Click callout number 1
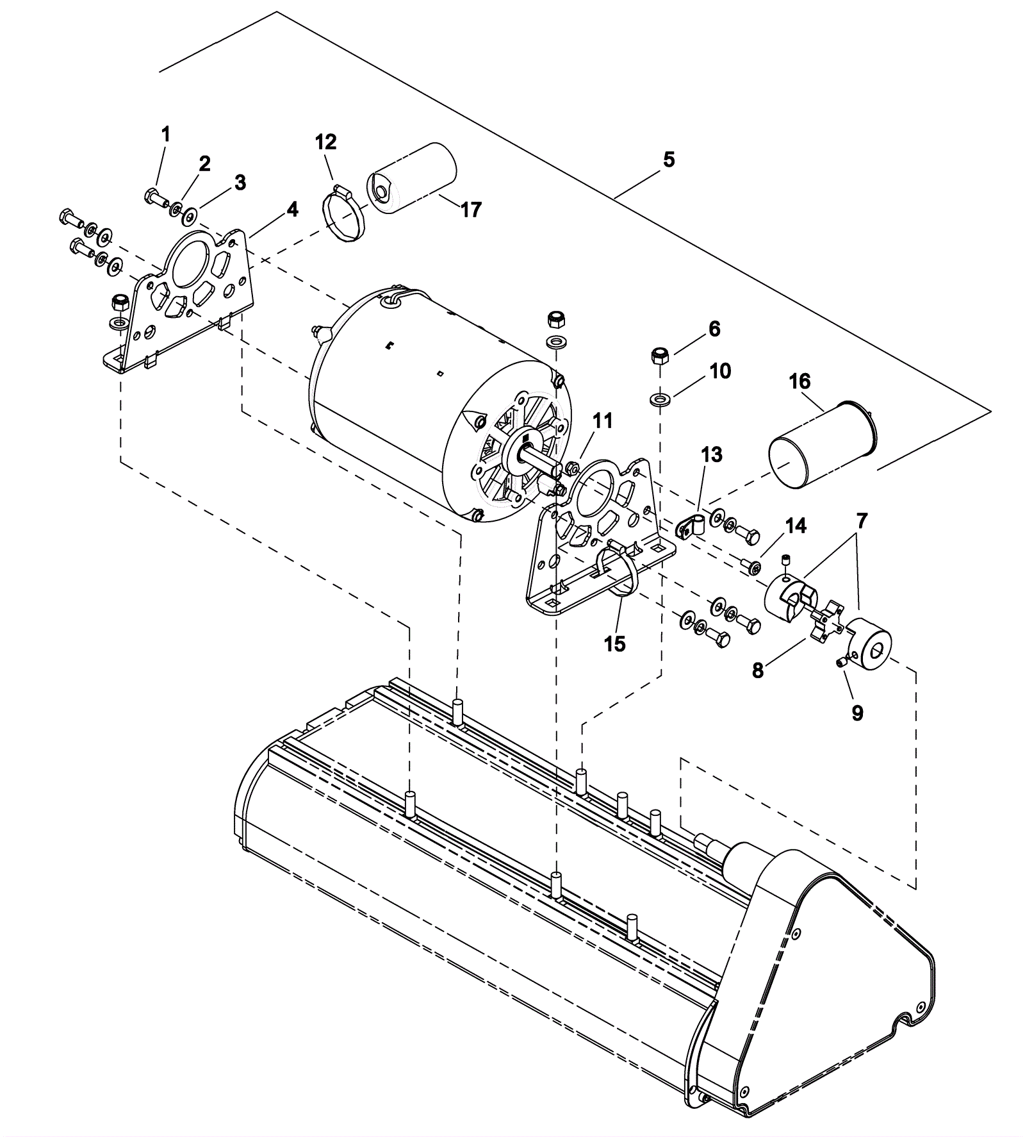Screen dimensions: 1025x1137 (x=166, y=134)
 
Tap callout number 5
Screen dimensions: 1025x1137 (x=669, y=159)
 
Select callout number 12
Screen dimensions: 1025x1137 (x=326, y=142)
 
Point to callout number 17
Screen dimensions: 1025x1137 (x=471, y=210)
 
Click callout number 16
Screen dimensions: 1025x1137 (x=800, y=381)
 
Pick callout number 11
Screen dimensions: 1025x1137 (x=603, y=421)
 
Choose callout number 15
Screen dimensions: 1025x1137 (x=614, y=643)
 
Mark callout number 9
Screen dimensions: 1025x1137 (x=857, y=713)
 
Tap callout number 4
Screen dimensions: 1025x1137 (x=292, y=209)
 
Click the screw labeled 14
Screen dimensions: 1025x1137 (x=750, y=566)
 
